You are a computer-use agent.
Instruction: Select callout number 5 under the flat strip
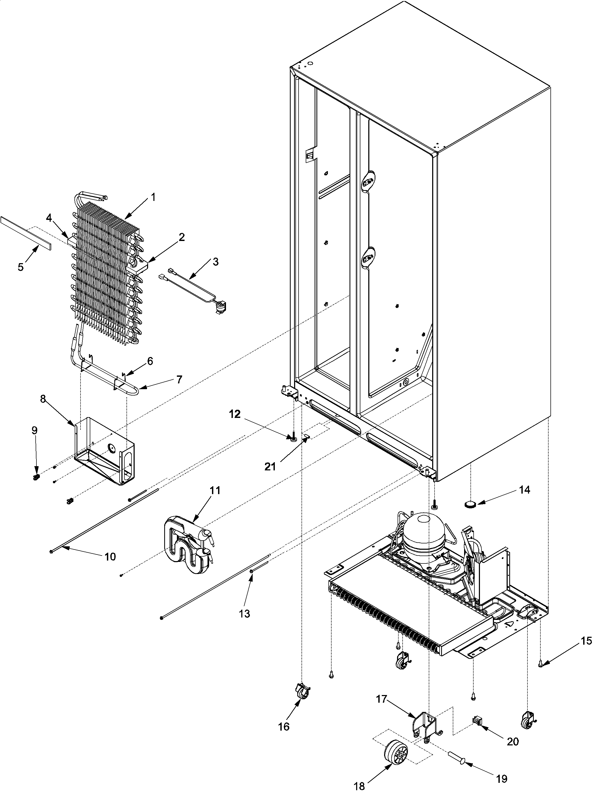coord(21,267)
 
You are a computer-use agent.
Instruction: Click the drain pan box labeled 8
coord(106,451)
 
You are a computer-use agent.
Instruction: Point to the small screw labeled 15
coord(541,664)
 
